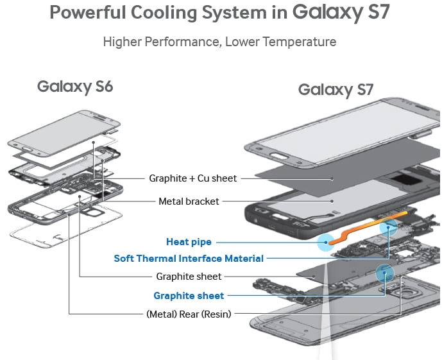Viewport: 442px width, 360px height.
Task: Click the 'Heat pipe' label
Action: coord(189,242)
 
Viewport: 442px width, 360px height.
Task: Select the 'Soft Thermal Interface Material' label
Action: coord(189,259)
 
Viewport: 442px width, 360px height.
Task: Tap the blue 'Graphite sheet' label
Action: coord(189,295)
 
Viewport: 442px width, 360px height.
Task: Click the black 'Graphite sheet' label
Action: coord(189,277)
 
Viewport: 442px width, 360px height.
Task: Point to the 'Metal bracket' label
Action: coord(189,201)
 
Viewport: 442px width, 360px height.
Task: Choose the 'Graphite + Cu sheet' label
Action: coord(192,178)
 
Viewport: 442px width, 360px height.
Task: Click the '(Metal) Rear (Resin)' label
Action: coord(189,314)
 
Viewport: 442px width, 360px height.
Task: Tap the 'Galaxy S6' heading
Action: coord(75,86)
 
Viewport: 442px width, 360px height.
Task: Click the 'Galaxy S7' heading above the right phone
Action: coord(336,90)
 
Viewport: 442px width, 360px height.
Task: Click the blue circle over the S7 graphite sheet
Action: coord(385,272)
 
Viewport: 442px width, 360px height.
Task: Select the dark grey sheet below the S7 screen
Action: coord(314,176)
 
